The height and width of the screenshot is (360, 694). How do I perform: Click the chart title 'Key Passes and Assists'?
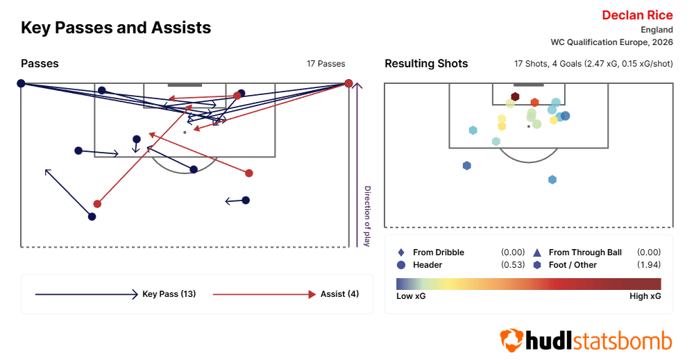[116, 28]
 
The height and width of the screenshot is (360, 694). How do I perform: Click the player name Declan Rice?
[637, 15]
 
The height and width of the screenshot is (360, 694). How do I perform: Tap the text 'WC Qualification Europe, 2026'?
[611, 42]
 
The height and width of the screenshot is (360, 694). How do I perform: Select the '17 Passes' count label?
[325, 64]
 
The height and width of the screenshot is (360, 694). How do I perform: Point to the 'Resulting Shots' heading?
[426, 64]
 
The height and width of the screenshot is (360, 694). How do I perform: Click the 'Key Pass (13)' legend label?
[169, 294]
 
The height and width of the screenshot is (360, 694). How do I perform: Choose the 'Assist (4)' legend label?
[339, 294]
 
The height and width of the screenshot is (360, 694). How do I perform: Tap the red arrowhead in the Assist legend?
[312, 295]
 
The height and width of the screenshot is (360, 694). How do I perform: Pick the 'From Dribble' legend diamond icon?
[401, 252]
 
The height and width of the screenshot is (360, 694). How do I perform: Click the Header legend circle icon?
[401, 265]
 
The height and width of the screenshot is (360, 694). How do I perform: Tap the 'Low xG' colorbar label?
[411, 296]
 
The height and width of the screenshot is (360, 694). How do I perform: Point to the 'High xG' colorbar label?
[645, 296]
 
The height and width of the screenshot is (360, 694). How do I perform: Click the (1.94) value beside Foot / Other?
[648, 265]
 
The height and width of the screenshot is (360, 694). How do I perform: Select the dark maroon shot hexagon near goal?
[515, 97]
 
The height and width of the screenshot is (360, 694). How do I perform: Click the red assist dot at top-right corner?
[348, 84]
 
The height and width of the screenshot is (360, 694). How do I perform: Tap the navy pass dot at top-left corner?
[21, 83]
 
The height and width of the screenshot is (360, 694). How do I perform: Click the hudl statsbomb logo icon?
[511, 341]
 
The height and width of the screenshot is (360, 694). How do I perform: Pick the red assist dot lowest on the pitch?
[97, 204]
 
